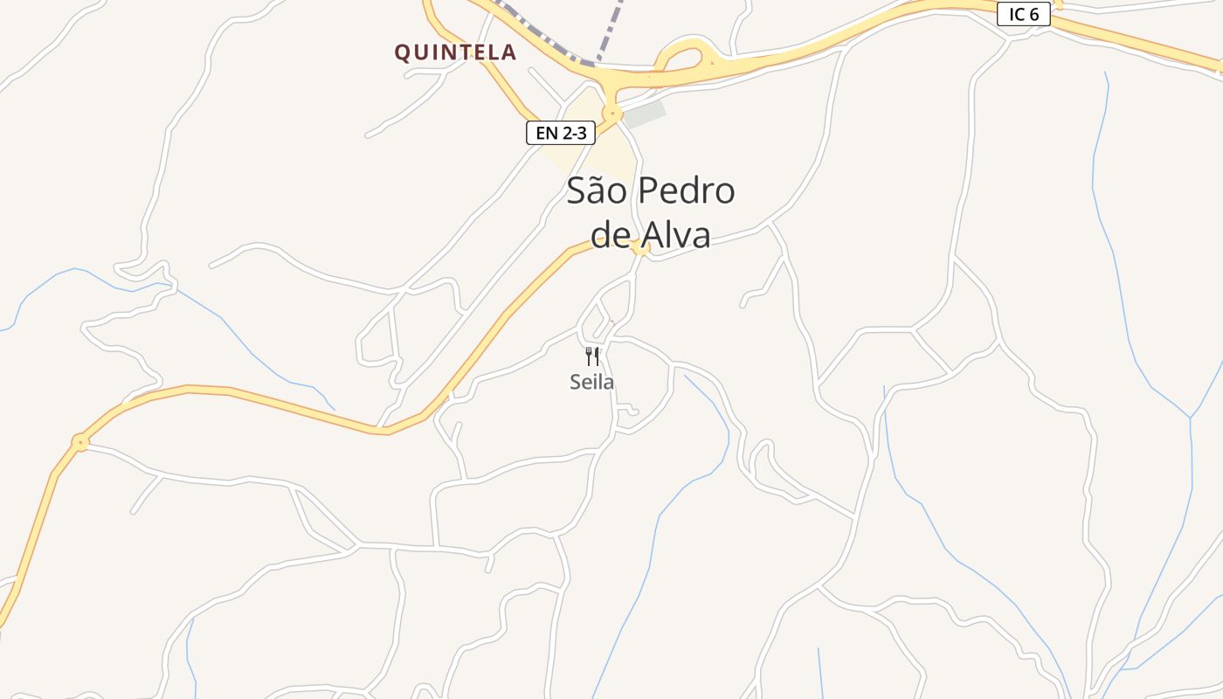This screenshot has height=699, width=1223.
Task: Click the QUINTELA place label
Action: (455, 52)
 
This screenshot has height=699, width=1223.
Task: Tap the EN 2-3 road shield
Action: (561, 133)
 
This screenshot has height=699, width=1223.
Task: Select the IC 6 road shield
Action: (1024, 14)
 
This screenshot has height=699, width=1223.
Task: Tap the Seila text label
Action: (591, 382)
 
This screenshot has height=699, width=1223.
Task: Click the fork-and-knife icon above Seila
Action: (592, 356)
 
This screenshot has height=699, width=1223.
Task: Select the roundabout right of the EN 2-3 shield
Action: (612, 113)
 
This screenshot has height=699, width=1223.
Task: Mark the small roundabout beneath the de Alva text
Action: (642, 250)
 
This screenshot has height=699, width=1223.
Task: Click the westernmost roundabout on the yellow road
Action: (80, 442)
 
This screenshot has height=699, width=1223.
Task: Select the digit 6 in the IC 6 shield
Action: (1034, 14)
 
